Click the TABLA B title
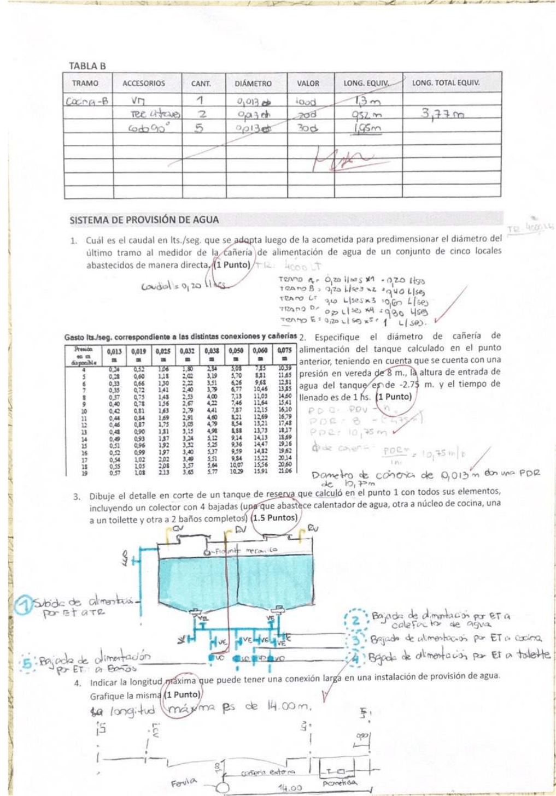87,66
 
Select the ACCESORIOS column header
144,84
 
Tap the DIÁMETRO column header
253,84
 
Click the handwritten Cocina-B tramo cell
87,102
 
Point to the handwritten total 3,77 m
443,114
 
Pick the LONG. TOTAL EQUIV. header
446,83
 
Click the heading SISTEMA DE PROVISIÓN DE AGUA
144,220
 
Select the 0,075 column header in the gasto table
284,353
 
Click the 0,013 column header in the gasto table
114,353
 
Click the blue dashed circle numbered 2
356,620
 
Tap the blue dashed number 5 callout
26,663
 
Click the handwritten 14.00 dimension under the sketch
290,788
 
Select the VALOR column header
308,84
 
